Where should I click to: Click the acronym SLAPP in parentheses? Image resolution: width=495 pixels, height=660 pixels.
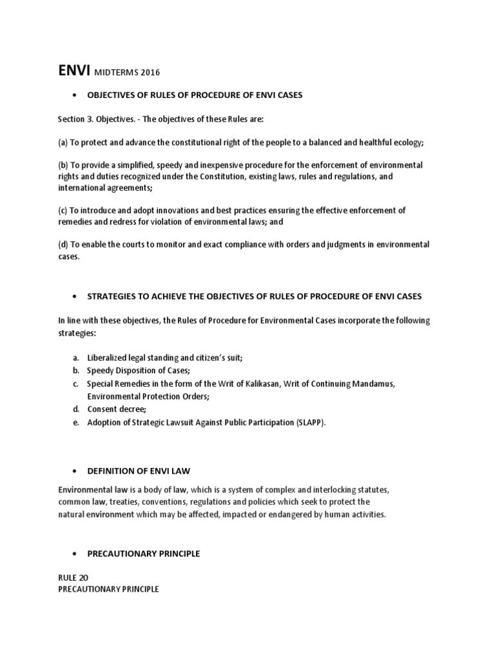310,423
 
